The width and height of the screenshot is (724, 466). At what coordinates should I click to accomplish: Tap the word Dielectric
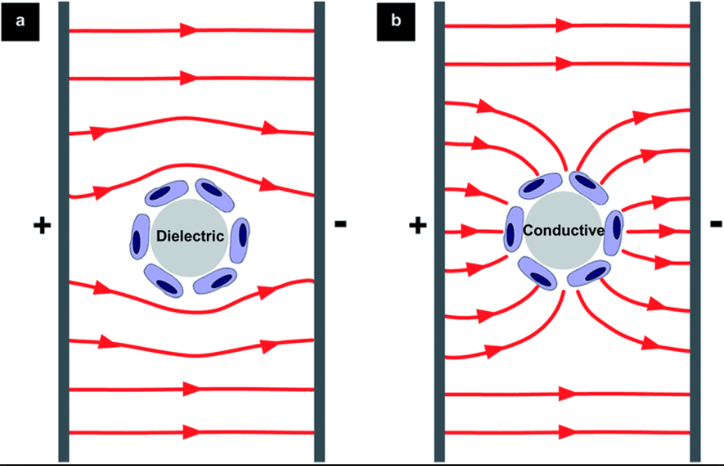click(189, 235)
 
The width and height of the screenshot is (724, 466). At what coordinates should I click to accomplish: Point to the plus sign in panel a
click(41, 225)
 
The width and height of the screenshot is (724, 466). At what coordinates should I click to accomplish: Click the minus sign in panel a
click(340, 225)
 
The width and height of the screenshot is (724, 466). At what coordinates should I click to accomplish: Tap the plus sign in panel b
click(417, 225)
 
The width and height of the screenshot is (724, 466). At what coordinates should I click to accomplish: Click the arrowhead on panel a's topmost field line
click(188, 30)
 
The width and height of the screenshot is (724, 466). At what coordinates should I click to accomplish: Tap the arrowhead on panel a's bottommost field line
click(188, 432)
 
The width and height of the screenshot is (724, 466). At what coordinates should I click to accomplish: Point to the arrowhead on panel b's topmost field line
click(563, 26)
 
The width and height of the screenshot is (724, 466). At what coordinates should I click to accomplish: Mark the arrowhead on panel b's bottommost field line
click(563, 432)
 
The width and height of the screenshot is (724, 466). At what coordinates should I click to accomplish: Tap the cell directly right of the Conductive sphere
click(613, 226)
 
